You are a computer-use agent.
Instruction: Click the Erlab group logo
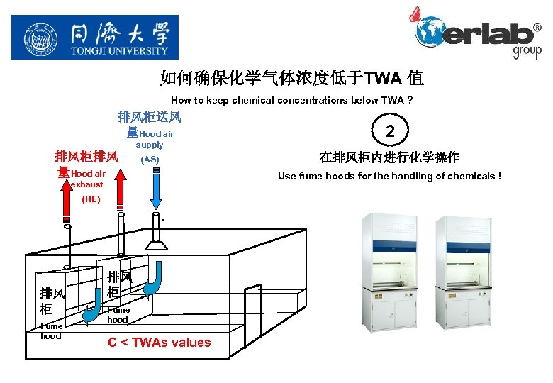(476, 33)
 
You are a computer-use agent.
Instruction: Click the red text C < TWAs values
(160, 343)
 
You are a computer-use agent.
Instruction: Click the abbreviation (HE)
(91, 199)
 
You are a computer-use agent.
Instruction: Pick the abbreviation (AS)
(150, 160)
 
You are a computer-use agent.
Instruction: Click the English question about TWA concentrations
(291, 100)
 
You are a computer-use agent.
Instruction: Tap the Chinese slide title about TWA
(291, 77)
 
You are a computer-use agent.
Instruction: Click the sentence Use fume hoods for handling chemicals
(389, 176)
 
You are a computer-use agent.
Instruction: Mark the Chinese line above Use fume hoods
(389, 157)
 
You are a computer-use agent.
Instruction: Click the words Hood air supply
(155, 138)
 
